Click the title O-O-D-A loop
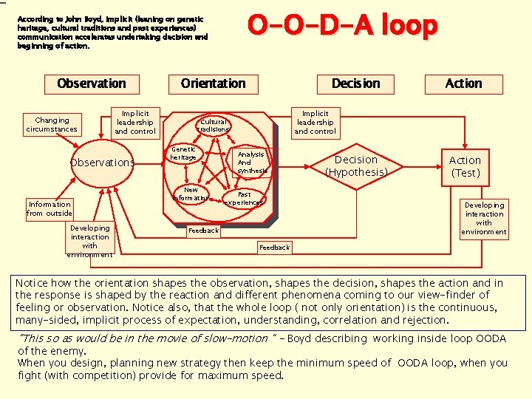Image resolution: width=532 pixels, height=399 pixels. (342, 26)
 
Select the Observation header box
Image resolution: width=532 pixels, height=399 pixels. (92, 83)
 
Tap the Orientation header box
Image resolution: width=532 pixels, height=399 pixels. (213, 83)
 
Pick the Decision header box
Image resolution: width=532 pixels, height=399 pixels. (355, 83)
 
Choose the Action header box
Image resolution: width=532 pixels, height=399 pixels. (463, 83)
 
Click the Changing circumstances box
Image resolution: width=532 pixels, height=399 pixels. (51, 125)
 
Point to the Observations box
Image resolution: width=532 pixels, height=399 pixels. (102, 163)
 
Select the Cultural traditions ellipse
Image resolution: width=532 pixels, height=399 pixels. (214, 126)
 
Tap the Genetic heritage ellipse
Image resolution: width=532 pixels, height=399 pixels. (183, 153)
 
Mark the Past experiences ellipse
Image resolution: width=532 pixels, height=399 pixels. (244, 199)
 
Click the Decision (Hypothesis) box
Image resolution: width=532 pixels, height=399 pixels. (355, 166)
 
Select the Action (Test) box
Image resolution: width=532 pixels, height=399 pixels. (465, 166)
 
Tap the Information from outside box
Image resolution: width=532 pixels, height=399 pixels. (50, 209)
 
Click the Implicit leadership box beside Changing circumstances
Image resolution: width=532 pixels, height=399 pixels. (135, 123)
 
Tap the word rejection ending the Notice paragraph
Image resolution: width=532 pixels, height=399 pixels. (424, 320)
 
